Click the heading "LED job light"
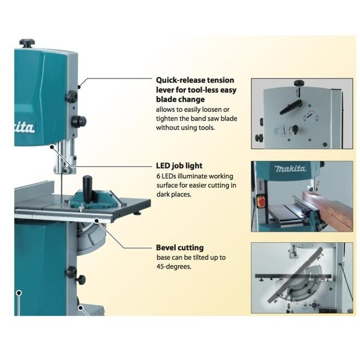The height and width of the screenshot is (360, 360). coord(179,165)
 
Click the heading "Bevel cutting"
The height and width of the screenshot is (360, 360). coord(179,247)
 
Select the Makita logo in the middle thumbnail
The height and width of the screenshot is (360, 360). coord(290,169)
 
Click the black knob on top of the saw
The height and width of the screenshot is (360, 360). coord(27,43)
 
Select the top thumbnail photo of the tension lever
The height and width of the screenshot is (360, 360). coord(302,113)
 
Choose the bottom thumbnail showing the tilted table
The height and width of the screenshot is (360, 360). coord(302,278)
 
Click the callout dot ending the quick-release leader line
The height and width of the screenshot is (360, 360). coord(79,86)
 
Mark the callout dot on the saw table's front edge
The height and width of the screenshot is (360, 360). coord(97,220)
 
